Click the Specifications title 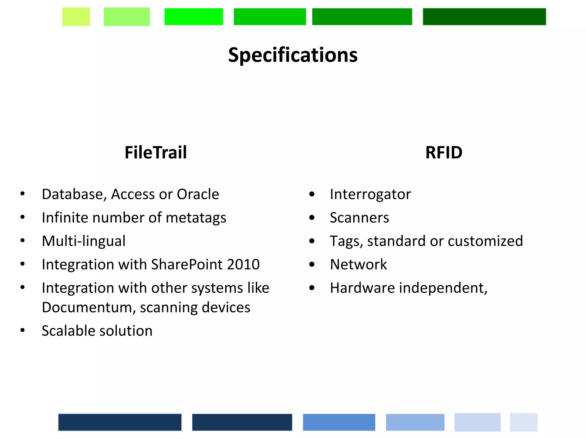[x=293, y=55]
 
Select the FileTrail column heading [x=156, y=152]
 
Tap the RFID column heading [x=444, y=152]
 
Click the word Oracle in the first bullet [x=198, y=194]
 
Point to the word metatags [x=196, y=218]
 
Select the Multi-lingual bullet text [x=84, y=241]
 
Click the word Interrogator [x=370, y=194]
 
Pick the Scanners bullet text [x=359, y=218]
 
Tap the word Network [x=358, y=264]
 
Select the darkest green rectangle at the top [x=484, y=17]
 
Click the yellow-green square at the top [x=76, y=17]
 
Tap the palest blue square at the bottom [x=523, y=422]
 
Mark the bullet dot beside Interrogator [x=312, y=194]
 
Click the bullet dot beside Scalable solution [x=23, y=330]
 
